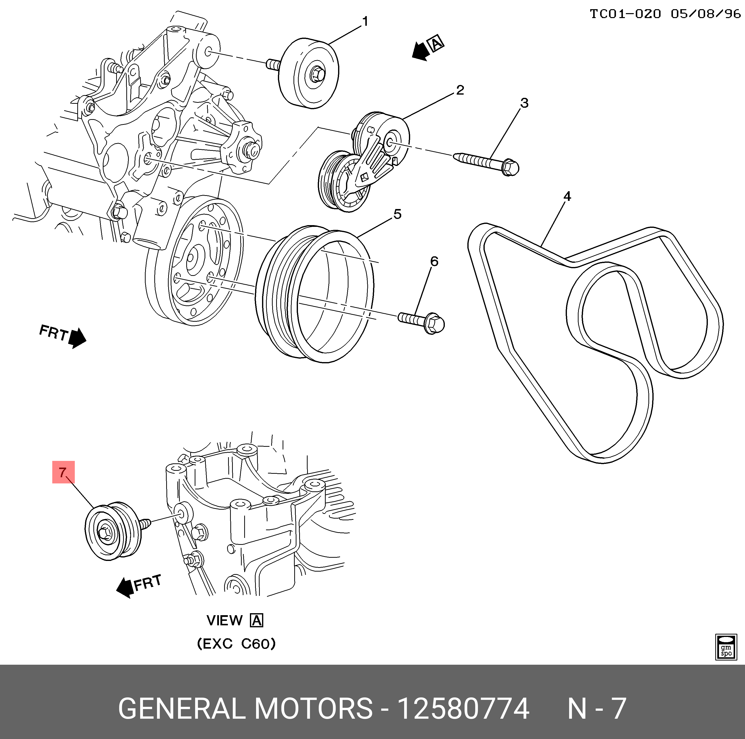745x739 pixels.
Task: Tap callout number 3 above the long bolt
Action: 524,103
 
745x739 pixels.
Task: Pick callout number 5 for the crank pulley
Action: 397,214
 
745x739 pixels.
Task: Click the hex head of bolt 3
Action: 510,168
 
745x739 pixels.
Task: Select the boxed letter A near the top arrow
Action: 436,44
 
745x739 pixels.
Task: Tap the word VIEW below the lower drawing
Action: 224,621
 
